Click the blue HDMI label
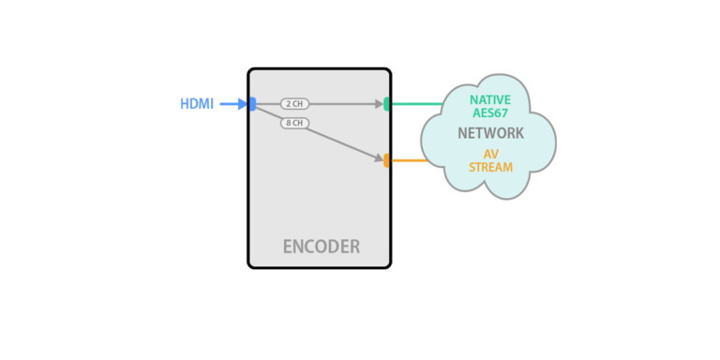197,104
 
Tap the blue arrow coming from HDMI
232,104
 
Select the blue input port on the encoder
252,104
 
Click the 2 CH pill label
294,104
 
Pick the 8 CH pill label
294,123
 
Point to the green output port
387,104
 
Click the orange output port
387,160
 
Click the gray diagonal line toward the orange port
337,142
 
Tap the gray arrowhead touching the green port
380,104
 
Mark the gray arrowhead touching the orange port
379,158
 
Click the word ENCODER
321,247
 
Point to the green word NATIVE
490,99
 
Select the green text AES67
490,113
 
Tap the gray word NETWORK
490,133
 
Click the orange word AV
490,154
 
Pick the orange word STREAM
490,168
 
